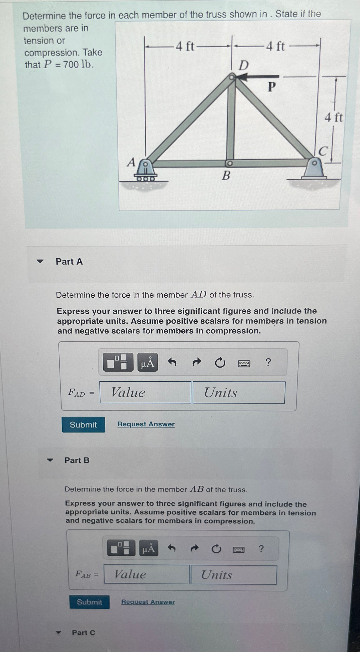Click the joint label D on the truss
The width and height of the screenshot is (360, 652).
pos(243,66)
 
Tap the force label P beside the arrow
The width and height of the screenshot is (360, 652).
pos(272,87)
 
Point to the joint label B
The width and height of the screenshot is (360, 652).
pos(226,175)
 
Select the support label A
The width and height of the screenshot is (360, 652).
pos(131,162)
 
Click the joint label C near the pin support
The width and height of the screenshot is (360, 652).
pos(323,151)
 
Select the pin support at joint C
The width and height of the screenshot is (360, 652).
pos(314,169)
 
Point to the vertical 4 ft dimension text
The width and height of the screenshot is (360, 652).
pos(334,118)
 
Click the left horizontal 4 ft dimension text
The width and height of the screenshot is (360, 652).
pos(185,46)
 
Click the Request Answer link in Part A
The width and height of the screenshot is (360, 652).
pos(146,424)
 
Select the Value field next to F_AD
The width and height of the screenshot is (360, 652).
pos(145,392)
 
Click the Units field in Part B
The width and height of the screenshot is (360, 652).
pos(233,575)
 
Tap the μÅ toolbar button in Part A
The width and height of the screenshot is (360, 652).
pos(148,362)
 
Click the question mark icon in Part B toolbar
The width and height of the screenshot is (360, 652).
pos(261,549)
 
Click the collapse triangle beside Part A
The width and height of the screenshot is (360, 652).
pos(40,261)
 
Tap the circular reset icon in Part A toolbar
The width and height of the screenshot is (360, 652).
pos(220,362)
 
